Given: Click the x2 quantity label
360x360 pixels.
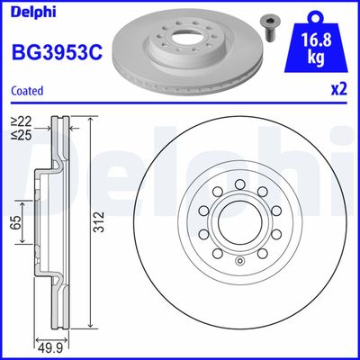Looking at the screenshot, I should tap(339, 90).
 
